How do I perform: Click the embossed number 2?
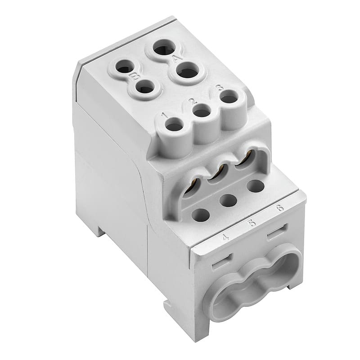[x=192, y=101]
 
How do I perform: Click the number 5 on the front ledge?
[x=252, y=222]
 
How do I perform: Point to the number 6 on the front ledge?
[x=280, y=207]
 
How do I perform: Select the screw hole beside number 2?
[x=202, y=111]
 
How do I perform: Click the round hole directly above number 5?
[x=229, y=200]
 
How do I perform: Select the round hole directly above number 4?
[x=201, y=215]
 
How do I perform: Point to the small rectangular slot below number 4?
[x=222, y=261]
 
